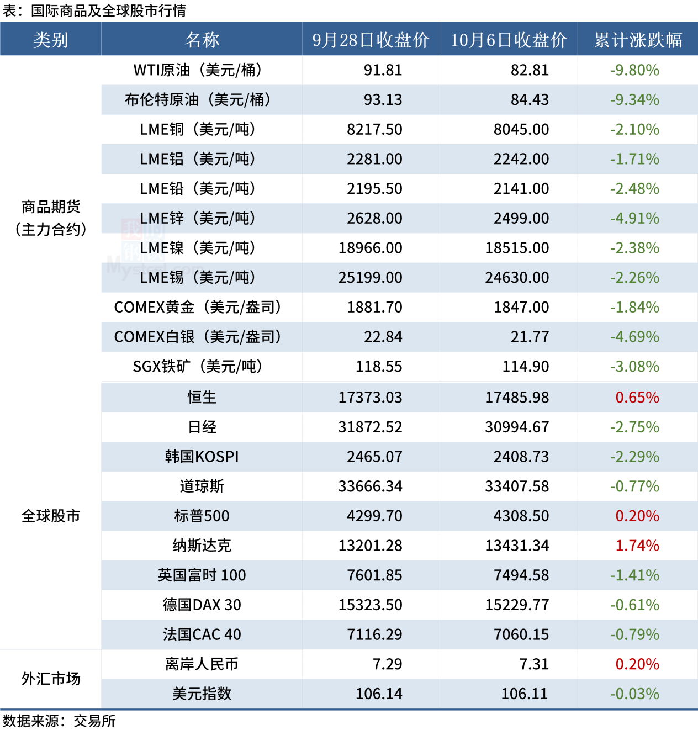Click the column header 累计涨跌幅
(638, 40)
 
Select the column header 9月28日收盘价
(371, 40)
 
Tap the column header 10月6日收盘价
(509, 40)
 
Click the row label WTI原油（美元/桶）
(202, 70)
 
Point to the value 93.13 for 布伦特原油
(383, 100)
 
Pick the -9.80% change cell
(634, 70)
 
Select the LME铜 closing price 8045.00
(521, 129)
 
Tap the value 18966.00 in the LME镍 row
(370, 248)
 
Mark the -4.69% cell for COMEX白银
(634, 337)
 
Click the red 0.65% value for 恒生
(637, 398)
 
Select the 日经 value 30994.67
(517, 427)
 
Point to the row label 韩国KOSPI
(202, 457)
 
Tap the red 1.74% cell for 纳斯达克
(637, 546)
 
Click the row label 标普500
(202, 516)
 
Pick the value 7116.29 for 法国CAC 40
(374, 634)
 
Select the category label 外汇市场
(51, 679)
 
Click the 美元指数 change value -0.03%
(634, 694)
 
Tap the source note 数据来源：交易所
(59, 721)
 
